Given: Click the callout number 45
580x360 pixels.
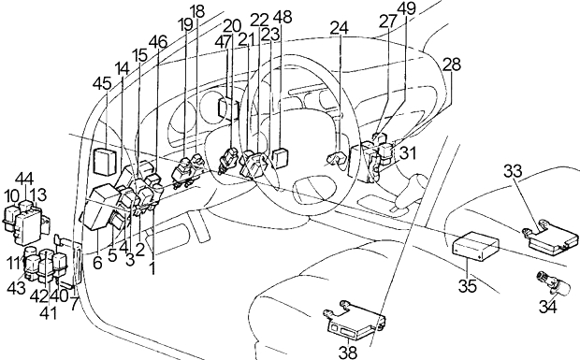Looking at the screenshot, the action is tap(102, 84).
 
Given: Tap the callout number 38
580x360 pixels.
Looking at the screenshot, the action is tap(348, 353).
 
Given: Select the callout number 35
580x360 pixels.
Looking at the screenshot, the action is tap(468, 286).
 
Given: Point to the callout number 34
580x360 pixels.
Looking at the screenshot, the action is tap(547, 307).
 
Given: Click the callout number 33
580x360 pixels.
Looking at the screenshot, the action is tap(513, 171).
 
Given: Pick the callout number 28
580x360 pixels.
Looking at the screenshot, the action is tap(452, 65).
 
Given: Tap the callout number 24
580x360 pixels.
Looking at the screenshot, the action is tap(340, 28).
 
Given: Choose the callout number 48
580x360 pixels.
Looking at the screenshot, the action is tap(283, 18).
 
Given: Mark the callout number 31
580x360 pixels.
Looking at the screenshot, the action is tap(407, 153).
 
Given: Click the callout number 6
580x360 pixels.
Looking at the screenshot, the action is tap(97, 263).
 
